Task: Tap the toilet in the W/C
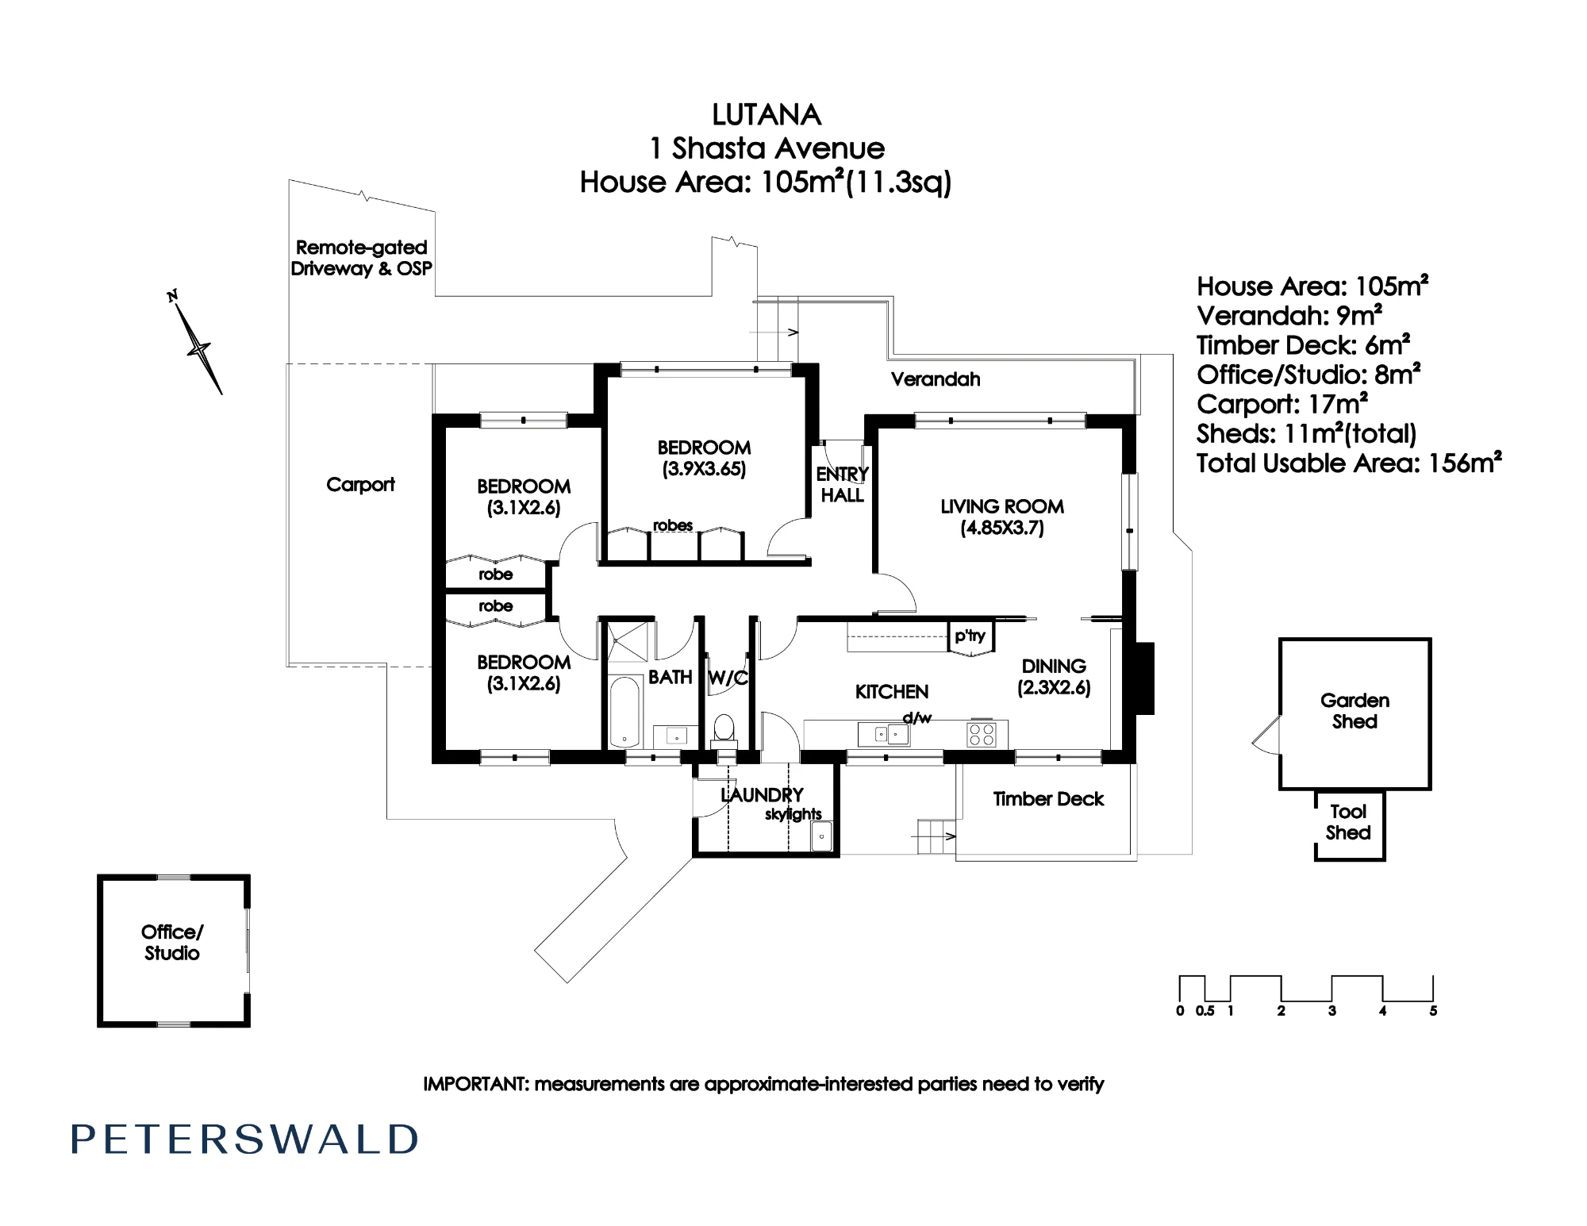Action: [724, 729]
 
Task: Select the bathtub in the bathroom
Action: [625, 712]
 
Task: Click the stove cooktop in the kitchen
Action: [982, 734]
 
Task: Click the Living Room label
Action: [1002, 517]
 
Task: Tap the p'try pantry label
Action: [970, 636]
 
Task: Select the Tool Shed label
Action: [1348, 822]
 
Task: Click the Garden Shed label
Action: [1355, 711]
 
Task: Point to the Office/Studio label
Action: [172, 943]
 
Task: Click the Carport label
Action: [360, 485]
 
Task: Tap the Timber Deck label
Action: [1048, 799]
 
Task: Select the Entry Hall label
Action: [842, 485]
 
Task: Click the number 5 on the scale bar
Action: [1433, 1011]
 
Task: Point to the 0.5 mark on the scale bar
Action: [1205, 1011]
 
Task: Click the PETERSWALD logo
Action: [244, 1140]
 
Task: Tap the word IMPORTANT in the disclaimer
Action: [475, 1084]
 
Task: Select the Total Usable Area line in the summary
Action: [1349, 463]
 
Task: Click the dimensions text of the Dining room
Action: [1054, 688]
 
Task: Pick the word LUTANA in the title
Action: [767, 115]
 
